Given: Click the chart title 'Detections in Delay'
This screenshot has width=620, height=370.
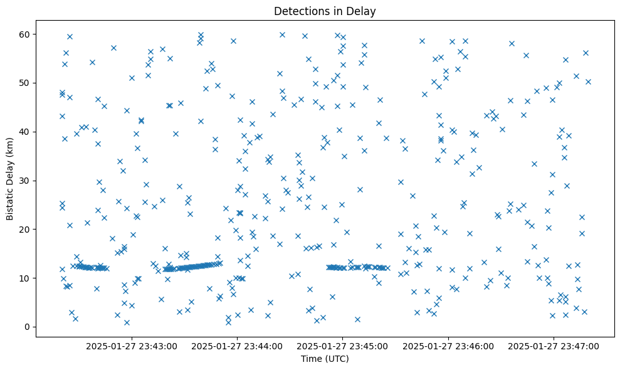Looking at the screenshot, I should (325, 11).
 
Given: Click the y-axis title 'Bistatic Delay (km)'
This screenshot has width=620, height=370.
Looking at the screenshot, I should (10, 177).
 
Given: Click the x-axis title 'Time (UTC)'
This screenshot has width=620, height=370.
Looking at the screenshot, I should (325, 359).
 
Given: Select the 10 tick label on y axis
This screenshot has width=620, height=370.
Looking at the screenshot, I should (26, 278).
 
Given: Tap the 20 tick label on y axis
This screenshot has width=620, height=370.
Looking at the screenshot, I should (26, 230).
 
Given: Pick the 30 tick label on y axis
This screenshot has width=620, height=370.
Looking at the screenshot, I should (26, 181).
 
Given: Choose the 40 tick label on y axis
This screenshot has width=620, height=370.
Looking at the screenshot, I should (26, 132).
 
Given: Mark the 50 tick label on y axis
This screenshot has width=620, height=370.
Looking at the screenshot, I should (26, 83).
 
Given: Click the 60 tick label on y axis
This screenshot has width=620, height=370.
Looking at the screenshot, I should (26, 34).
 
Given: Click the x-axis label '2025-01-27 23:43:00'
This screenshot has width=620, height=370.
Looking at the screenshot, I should (132, 346).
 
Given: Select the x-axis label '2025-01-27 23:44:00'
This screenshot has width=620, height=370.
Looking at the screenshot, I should (238, 346).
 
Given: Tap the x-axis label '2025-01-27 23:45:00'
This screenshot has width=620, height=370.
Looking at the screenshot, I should (343, 346).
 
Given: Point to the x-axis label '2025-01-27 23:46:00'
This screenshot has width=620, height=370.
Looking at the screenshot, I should (449, 346).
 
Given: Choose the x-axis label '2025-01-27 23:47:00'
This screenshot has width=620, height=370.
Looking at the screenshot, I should (554, 346).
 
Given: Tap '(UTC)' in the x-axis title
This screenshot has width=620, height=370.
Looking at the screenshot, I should (337, 359).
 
